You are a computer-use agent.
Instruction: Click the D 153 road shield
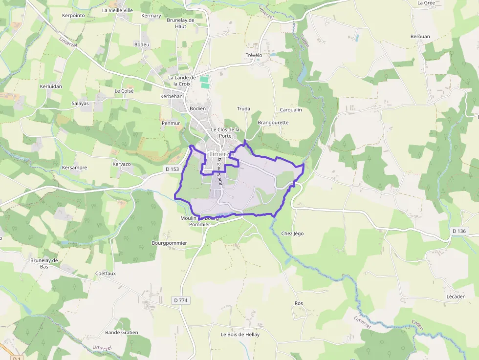tap(172, 169)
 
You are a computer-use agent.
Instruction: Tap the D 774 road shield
tap(180, 299)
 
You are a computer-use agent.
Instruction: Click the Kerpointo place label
tap(74, 15)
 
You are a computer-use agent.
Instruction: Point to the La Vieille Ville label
tap(117, 10)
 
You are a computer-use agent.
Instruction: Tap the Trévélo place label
tap(254, 55)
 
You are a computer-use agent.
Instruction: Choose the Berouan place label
tap(420, 37)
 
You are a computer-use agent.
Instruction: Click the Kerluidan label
tap(51, 86)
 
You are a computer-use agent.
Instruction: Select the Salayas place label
tap(80, 104)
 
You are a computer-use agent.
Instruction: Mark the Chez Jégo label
tap(292, 233)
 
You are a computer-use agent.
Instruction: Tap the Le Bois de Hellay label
tap(240, 335)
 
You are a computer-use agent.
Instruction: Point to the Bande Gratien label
tap(122, 332)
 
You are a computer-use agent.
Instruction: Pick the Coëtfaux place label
tap(106, 274)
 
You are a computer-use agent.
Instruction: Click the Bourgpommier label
tap(170, 243)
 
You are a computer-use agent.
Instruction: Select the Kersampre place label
tap(75, 168)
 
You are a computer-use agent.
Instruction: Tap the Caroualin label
tap(291, 109)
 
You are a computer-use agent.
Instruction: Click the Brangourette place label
tap(273, 123)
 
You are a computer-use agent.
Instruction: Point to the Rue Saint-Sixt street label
tap(220, 171)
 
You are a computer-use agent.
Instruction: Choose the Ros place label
tap(299, 303)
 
